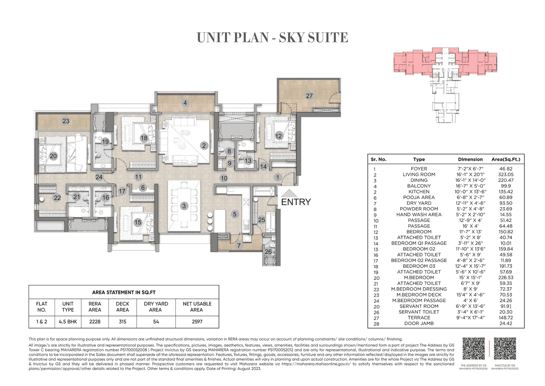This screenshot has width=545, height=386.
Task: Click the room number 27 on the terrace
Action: (310, 96)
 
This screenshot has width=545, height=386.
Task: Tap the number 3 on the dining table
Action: (184, 206)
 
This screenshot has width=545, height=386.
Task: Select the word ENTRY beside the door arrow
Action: (296, 202)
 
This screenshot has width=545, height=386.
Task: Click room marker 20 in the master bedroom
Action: (53, 156)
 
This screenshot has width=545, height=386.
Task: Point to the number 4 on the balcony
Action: (185, 103)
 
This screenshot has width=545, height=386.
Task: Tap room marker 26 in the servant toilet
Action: (268, 251)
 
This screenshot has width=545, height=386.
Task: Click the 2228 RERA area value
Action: (95, 319)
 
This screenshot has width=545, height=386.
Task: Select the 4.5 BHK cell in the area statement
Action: (68, 319)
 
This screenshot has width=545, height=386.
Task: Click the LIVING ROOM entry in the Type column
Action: (419, 175)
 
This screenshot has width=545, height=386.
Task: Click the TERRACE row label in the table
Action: (419, 317)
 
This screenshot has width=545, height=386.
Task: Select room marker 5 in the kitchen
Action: (235, 215)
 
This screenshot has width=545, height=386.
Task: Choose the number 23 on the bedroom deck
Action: (66, 121)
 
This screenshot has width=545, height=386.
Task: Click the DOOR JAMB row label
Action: (419, 323)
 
